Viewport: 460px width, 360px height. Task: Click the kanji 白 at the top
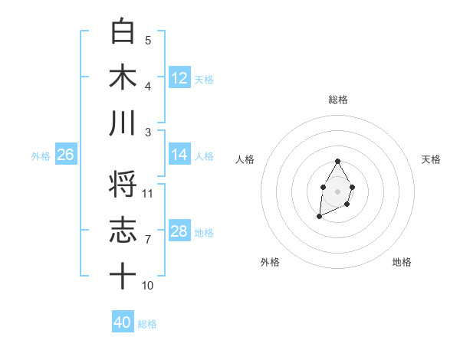(123, 31)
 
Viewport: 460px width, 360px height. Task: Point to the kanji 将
(123, 184)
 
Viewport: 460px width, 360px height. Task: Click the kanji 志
(123, 230)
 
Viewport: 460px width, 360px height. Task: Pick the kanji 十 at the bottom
(123, 276)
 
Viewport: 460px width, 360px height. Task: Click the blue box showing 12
(179, 77)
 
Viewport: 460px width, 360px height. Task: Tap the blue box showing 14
(179, 155)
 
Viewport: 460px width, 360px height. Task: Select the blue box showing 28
(179, 231)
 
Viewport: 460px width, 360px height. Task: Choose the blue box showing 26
(65, 155)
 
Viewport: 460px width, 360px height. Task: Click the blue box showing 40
(123, 322)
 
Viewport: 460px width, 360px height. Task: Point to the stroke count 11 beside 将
(148, 194)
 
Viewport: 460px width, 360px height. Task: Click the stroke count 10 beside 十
(148, 286)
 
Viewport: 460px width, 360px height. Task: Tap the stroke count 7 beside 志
(148, 240)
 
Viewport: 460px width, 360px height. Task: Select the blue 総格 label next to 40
(147, 324)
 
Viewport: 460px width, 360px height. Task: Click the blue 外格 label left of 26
(41, 156)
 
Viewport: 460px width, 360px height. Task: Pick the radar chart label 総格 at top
(337, 100)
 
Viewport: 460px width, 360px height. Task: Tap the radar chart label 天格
(432, 159)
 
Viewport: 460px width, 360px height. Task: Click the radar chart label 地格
(402, 262)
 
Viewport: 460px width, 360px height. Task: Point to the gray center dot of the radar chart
(337, 191)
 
